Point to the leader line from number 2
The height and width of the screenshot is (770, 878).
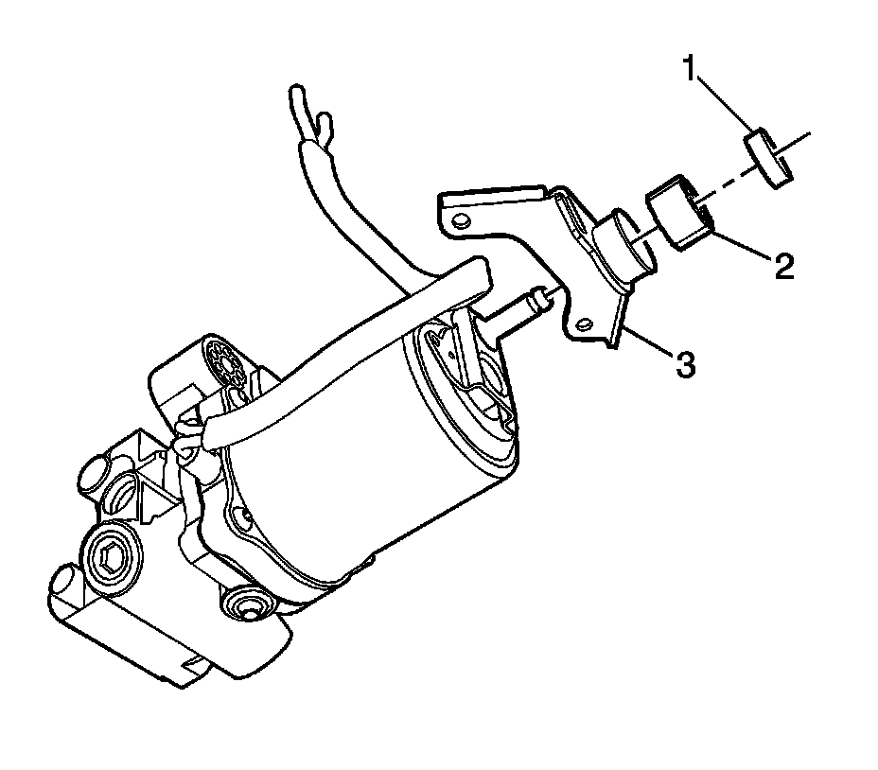(743, 242)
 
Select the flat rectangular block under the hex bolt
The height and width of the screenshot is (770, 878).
(142, 634)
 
